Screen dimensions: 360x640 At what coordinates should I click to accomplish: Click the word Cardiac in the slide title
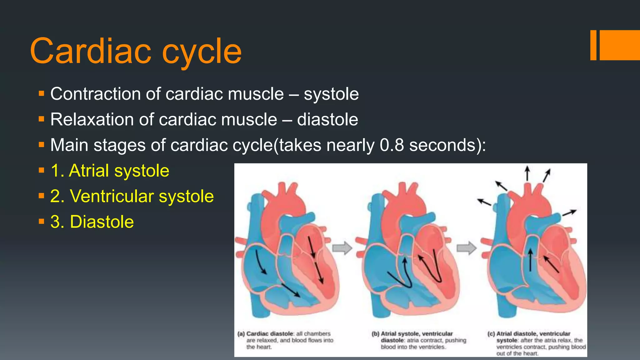pos(91,51)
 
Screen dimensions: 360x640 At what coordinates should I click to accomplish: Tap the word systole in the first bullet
pos(331,94)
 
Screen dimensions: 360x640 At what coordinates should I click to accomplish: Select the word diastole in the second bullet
pos(327,119)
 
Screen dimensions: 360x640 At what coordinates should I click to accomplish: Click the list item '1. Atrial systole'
pos(110,171)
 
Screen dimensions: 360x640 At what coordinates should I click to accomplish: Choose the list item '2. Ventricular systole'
pos(132,196)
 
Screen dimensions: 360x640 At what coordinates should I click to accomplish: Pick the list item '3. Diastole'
pos(92,222)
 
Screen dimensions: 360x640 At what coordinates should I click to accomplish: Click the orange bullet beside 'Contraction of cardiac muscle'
pos(42,93)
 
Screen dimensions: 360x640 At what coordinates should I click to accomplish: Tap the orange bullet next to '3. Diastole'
pos(42,222)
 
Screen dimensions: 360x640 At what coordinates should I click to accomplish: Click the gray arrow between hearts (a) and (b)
pos(342,248)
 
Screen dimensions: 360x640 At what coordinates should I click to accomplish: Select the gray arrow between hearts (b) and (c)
pos(467,248)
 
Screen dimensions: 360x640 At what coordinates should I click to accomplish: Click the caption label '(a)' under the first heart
pos(241,334)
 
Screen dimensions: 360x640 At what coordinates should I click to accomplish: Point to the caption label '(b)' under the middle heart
pos(375,334)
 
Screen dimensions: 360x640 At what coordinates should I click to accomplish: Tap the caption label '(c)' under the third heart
pos(491,334)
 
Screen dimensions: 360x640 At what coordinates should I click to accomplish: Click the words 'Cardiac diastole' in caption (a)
pos(270,334)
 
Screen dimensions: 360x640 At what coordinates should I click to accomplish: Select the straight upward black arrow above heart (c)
pos(527,173)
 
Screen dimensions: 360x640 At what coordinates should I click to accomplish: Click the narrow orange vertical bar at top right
pos(593,45)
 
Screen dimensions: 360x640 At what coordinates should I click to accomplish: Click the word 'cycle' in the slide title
pos(202,51)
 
